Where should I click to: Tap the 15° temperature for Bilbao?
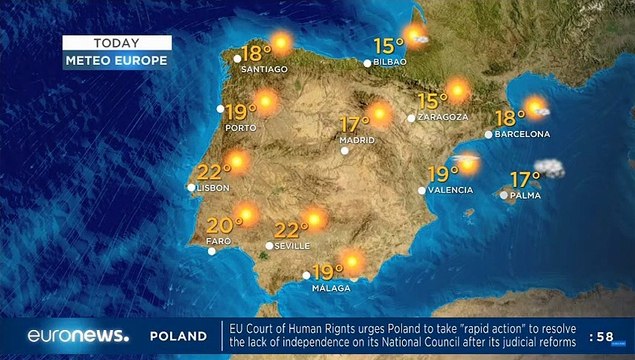[389, 45]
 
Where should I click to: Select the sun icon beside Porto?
[266, 102]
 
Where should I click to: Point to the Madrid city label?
[357, 140]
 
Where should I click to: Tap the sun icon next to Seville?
[315, 220]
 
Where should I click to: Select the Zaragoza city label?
[443, 117]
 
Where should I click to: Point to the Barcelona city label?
[523, 133]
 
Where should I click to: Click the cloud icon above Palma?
[549, 168]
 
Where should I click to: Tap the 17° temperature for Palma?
[525, 179]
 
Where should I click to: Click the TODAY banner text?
[116, 43]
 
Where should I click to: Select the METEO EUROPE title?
[116, 60]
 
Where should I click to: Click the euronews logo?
[78, 336]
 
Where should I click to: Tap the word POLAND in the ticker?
[178, 337]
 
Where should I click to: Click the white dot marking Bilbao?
[368, 63]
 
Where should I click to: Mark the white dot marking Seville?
[269, 245]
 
